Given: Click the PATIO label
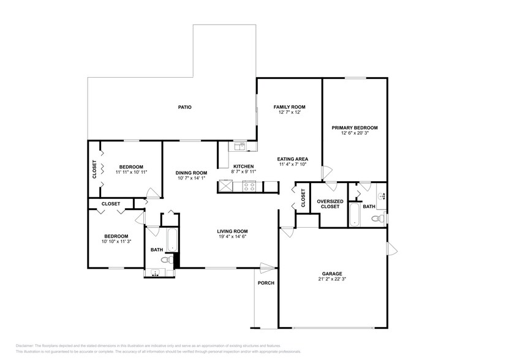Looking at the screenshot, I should coord(185,107).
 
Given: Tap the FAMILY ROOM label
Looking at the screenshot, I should coord(289,107).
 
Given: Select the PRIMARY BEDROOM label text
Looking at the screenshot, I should coord(355,128).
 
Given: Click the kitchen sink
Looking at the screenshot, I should coord(239,146).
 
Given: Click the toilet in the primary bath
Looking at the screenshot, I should coord(380,217).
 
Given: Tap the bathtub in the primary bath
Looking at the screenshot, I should coord(355,215).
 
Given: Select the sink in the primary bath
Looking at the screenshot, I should coord(381,197).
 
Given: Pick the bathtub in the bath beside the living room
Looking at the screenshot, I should coord(172,239).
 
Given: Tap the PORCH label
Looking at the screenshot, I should coord(266,283).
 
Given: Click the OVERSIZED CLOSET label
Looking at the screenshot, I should coord(330,204).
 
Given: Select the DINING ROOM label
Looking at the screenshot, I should coord(191,173).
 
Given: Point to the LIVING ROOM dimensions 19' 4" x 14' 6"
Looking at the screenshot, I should coord(232,237).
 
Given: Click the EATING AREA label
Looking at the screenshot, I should coord(293,159).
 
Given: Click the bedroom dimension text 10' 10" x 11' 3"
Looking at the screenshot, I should coord(115,242).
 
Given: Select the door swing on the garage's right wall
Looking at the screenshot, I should coord(391,249).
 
